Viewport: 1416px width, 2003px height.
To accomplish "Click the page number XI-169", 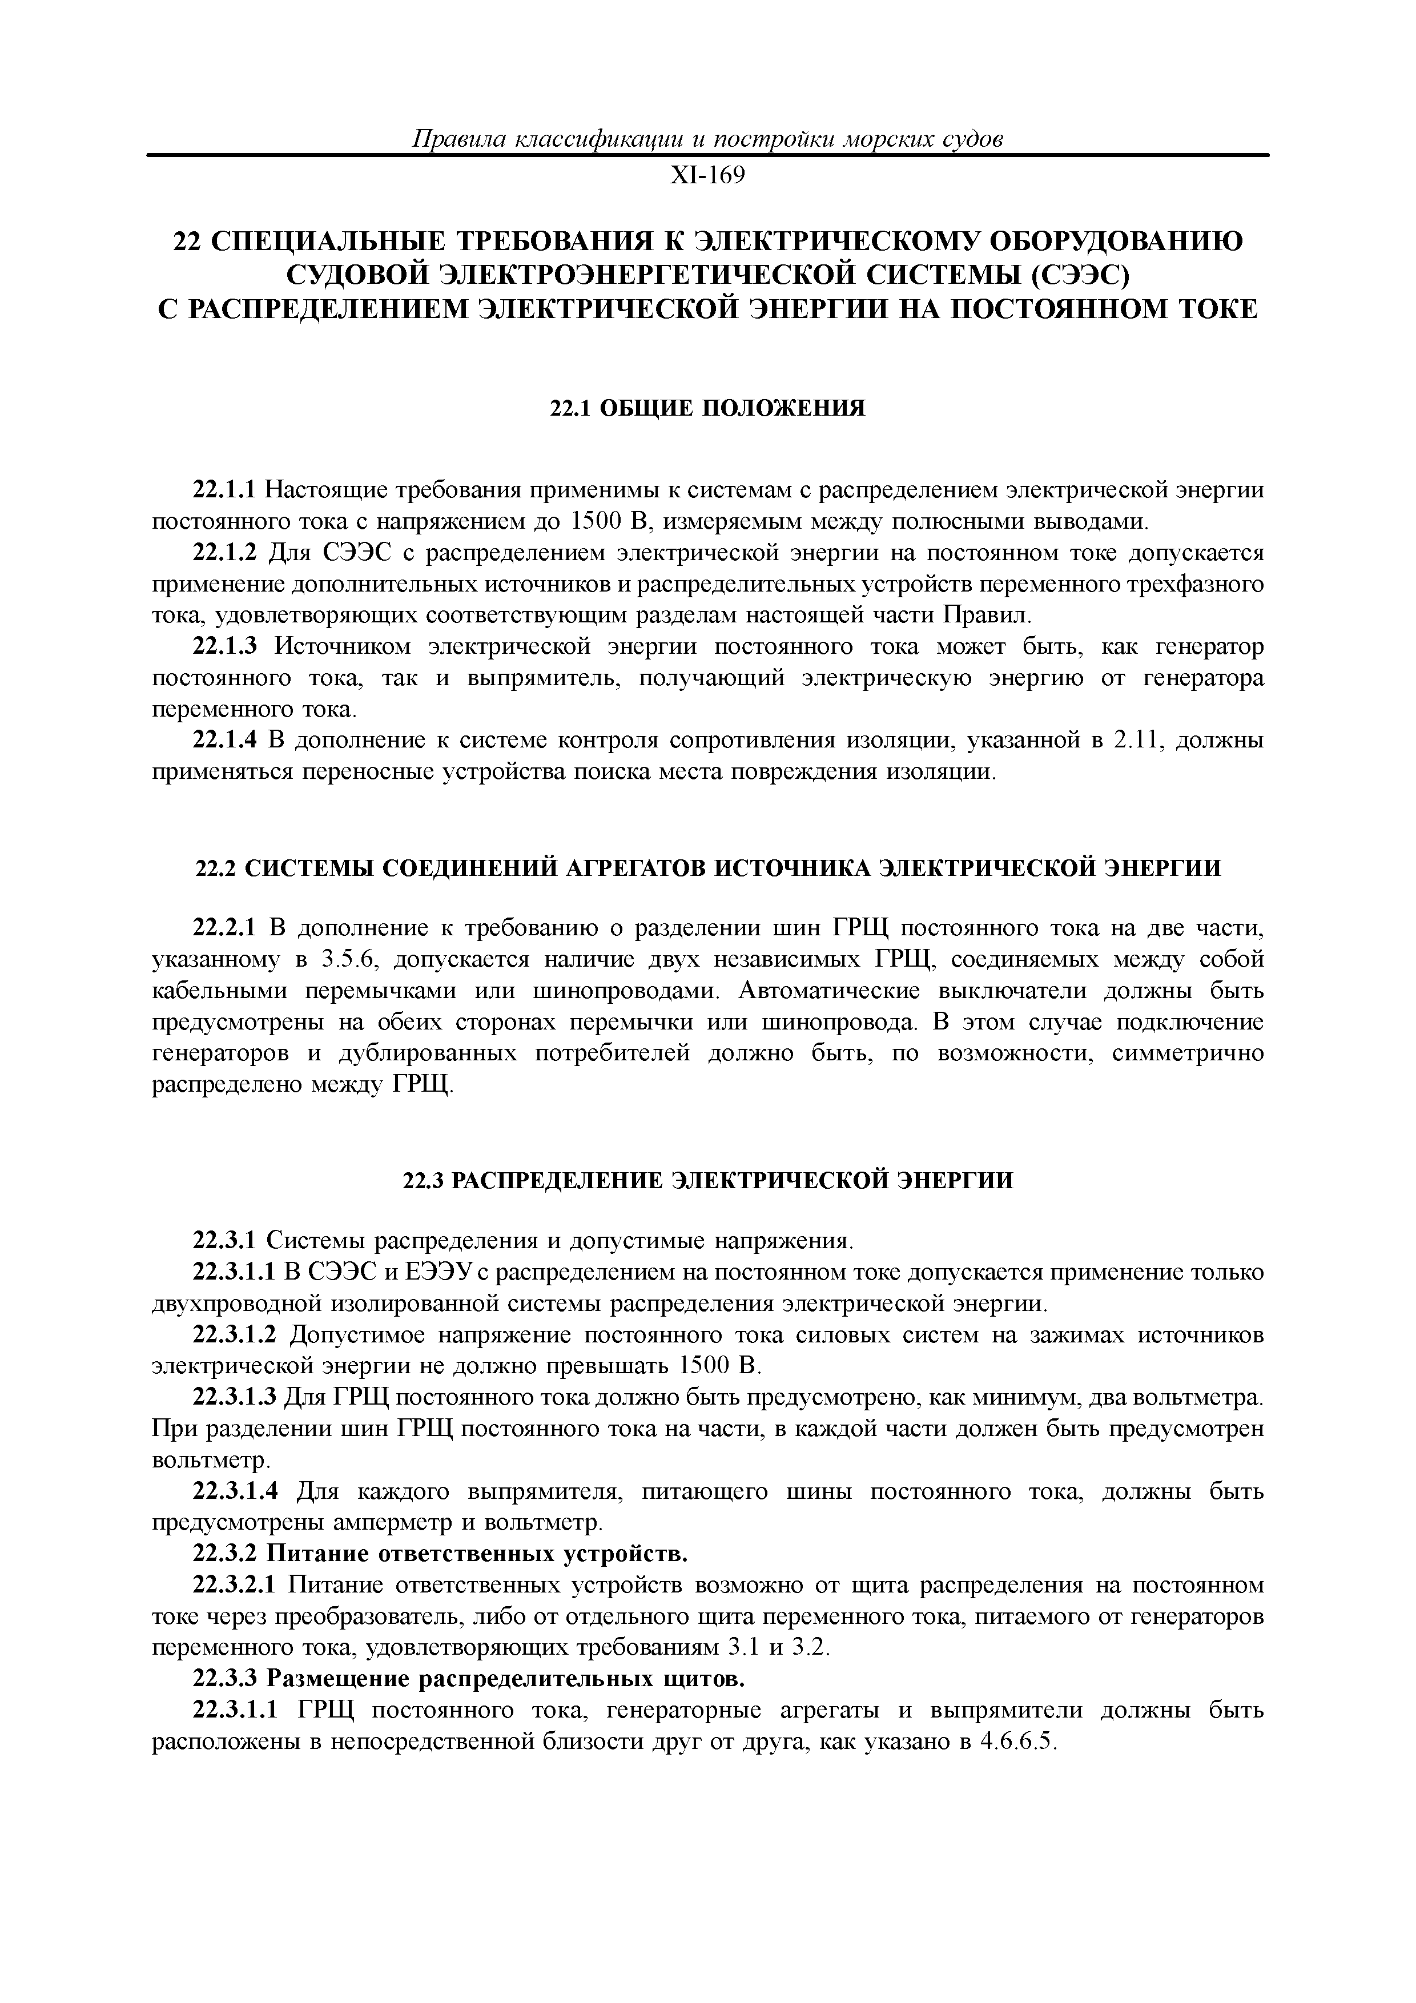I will (x=707, y=176).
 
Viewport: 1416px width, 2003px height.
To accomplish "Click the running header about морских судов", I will (x=707, y=139).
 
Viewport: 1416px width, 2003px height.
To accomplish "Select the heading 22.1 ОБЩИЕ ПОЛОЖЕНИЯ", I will (x=707, y=408).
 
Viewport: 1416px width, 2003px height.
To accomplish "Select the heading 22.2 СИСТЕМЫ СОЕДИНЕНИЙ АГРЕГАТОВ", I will (x=707, y=868).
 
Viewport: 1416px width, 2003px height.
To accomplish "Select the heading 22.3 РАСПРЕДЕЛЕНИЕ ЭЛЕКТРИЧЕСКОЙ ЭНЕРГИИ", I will (x=707, y=1180).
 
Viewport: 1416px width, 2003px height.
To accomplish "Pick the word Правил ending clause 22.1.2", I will (x=986, y=616).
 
